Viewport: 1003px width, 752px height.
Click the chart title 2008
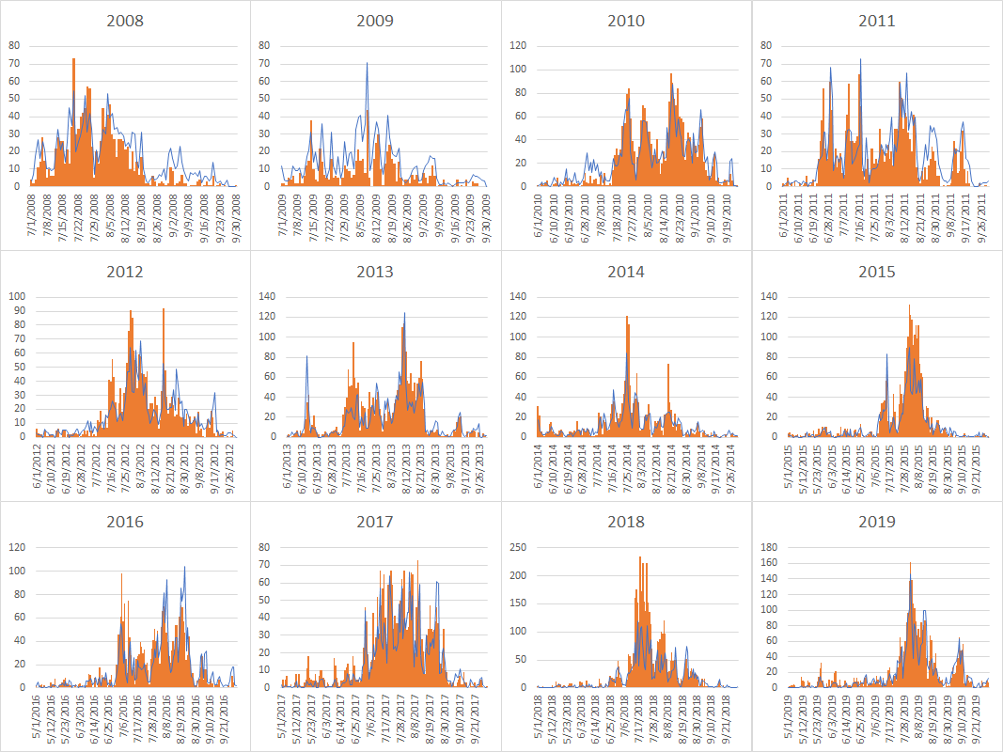click(x=125, y=21)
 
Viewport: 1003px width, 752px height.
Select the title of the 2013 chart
click(x=375, y=272)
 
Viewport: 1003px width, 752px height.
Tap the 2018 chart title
click(x=625, y=522)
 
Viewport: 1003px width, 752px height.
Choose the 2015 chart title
click(x=876, y=272)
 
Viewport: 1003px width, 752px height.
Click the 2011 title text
click(x=876, y=21)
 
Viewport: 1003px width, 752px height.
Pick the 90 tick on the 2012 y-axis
click(x=16, y=310)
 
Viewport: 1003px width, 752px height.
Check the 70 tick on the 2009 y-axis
click(x=266, y=63)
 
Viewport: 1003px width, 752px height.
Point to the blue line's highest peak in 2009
click(x=367, y=64)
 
